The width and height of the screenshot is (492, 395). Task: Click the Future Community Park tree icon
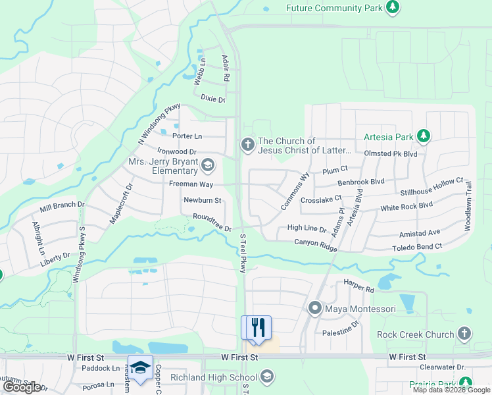click(392, 8)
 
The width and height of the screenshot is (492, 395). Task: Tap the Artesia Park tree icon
click(424, 137)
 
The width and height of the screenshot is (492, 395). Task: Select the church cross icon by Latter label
click(247, 144)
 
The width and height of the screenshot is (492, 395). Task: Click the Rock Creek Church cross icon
click(464, 334)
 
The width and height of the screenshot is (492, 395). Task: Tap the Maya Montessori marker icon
click(315, 308)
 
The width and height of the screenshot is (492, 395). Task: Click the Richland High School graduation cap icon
click(266, 377)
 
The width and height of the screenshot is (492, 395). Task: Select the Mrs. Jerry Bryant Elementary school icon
click(208, 165)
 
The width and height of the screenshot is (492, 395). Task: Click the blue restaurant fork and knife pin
click(256, 328)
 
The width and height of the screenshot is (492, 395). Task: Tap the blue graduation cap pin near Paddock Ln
click(140, 368)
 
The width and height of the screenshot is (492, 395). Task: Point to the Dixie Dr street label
click(213, 99)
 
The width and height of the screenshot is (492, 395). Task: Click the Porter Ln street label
click(187, 136)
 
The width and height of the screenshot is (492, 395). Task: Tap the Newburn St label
click(202, 200)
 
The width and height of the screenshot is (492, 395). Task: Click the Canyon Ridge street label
click(316, 244)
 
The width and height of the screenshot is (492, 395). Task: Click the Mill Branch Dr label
click(62, 207)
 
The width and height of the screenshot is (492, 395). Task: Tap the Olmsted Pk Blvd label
click(391, 153)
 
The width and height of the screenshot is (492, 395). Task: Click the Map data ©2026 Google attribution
click(451, 390)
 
